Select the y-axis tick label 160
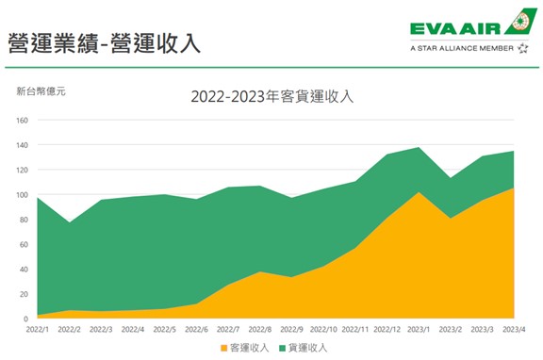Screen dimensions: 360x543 [22, 121]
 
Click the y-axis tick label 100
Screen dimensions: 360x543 [22, 195]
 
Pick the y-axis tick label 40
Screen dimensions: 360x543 [24, 270]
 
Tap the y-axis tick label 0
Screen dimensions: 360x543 [26, 319]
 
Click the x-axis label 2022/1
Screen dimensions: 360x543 [38, 330]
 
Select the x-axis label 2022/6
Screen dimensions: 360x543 [196, 330]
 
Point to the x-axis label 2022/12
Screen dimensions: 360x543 [387, 330]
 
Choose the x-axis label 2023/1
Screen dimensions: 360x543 [420, 330]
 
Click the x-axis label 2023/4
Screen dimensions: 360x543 [515, 330]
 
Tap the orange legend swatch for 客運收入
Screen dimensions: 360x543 [223, 347]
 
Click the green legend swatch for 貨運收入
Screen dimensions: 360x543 [279, 347]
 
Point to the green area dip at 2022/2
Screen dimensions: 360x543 [70, 223]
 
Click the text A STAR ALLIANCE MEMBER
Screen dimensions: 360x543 [462, 47]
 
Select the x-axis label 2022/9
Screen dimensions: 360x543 [292, 330]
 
